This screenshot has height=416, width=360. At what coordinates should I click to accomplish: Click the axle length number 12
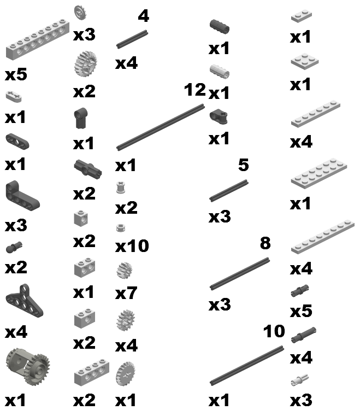click(x=195, y=90)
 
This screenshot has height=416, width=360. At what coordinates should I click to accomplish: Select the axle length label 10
click(x=274, y=331)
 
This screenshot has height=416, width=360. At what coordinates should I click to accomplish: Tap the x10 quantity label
click(x=132, y=246)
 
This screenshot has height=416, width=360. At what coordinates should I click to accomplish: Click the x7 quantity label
click(x=126, y=293)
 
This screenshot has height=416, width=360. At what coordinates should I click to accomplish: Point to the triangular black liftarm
click(x=24, y=300)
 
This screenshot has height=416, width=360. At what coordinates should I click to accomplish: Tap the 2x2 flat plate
click(x=305, y=61)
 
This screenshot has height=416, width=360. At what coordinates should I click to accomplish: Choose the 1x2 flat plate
click(x=302, y=16)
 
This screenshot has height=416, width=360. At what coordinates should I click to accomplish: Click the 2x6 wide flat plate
click(x=319, y=173)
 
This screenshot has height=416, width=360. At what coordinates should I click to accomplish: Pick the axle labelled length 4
click(x=132, y=39)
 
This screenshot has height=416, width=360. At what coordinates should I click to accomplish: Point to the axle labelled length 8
click(x=240, y=273)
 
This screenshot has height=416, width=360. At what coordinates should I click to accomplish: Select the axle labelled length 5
click(x=228, y=191)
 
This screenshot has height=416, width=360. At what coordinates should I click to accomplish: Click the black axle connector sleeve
click(x=220, y=27)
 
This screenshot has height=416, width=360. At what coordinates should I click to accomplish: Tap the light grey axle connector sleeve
click(x=220, y=72)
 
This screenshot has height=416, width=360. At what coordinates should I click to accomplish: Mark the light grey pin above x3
click(x=299, y=380)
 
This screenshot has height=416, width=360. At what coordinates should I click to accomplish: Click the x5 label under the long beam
click(x=16, y=74)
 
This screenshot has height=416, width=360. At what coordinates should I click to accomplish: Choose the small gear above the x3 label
click(x=80, y=13)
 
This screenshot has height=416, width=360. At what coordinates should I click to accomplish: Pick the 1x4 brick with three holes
click(x=91, y=372)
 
